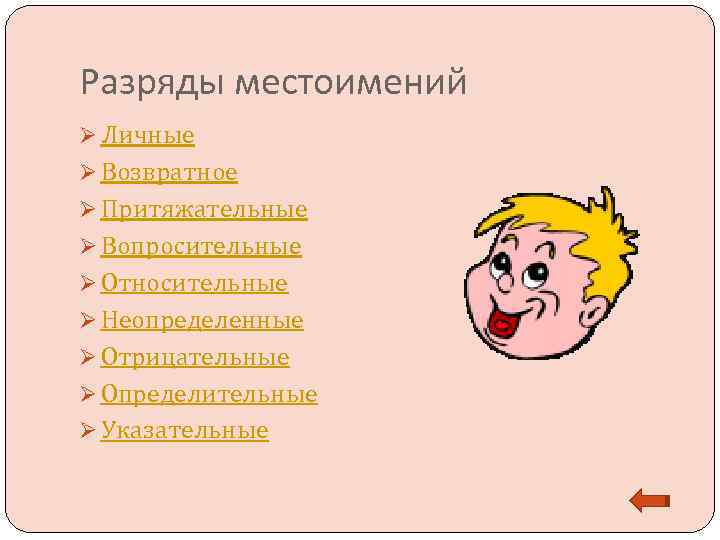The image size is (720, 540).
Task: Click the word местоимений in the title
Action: [350, 83]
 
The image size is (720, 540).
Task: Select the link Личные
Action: [147, 135]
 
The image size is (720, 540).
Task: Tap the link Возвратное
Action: [169, 173]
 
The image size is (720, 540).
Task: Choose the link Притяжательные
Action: [204, 210]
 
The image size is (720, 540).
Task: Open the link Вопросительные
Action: [201, 247]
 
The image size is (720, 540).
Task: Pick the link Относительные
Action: [194, 284]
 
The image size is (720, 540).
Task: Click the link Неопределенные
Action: [202, 321]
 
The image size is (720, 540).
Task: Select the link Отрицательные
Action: [195, 358]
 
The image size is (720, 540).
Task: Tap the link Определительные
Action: [209, 395]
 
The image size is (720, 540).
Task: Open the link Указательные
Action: [184, 431]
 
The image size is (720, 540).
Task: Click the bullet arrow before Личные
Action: [89, 135]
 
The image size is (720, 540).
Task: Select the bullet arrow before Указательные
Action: [89, 431]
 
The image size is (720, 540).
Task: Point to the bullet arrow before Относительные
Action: [89, 284]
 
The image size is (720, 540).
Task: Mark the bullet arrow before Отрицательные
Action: [89, 358]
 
